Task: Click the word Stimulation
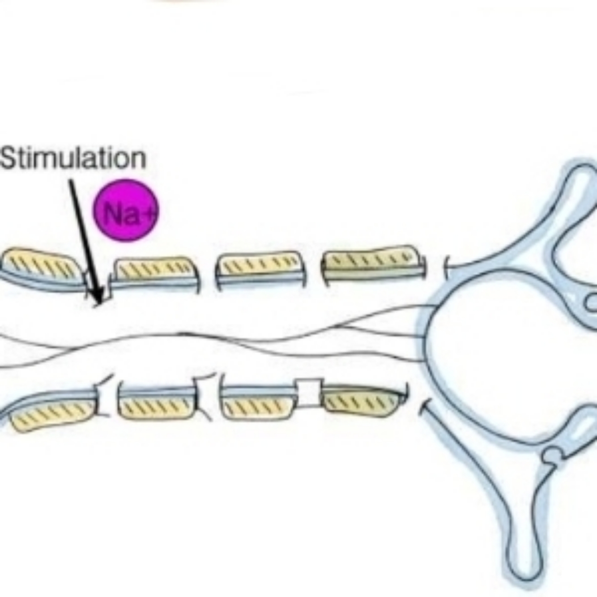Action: coord(74,158)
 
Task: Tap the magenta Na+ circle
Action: coord(126,210)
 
